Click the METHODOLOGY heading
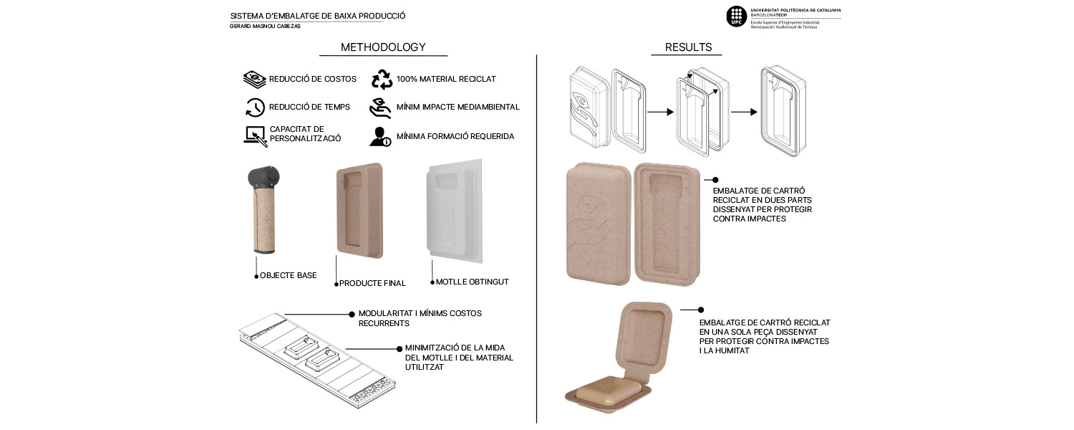(383, 47)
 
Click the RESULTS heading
(688, 47)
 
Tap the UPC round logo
(737, 16)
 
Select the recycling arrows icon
(382, 79)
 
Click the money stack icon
(254, 79)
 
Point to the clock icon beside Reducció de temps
(255, 107)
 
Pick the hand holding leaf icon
(380, 108)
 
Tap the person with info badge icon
(380, 137)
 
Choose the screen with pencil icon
(255, 136)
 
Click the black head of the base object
(263, 178)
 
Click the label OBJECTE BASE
(288, 275)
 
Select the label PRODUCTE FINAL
(372, 283)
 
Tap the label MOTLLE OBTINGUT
(473, 282)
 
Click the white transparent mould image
(454, 211)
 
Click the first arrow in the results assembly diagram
(660, 112)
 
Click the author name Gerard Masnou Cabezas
(265, 27)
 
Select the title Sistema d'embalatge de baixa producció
(318, 16)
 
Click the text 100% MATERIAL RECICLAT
(446, 79)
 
